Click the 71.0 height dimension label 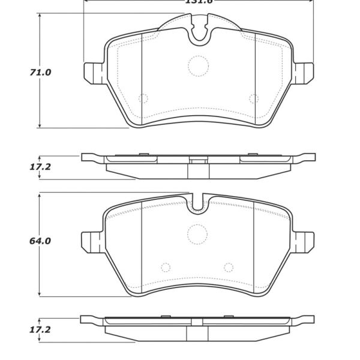(41, 73)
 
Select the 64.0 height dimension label (41, 241)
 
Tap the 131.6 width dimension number (198, 2)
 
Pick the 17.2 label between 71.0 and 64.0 (41, 167)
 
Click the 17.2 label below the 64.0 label (41, 330)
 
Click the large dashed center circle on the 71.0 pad (197, 66)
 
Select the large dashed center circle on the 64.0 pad (197, 233)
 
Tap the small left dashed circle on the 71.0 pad (143, 98)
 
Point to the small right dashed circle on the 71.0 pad (253, 98)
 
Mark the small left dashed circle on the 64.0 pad (166, 268)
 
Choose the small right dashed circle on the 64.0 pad (229, 268)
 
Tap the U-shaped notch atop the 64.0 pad (197, 204)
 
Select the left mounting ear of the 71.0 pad (91, 72)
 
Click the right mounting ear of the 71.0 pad (305, 72)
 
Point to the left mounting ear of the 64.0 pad (91, 242)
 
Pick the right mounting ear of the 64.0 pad (305, 242)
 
